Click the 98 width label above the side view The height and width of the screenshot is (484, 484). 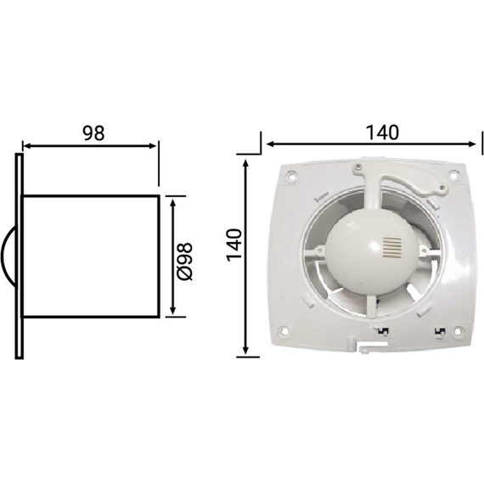(93, 133)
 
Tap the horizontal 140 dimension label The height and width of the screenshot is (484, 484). (382, 132)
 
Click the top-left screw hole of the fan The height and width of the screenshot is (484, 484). (290, 177)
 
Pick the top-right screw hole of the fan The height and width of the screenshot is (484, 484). (453, 175)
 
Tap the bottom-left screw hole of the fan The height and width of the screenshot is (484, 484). (284, 330)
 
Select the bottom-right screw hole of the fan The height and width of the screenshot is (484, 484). (459, 330)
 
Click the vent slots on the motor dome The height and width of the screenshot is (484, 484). (391, 248)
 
